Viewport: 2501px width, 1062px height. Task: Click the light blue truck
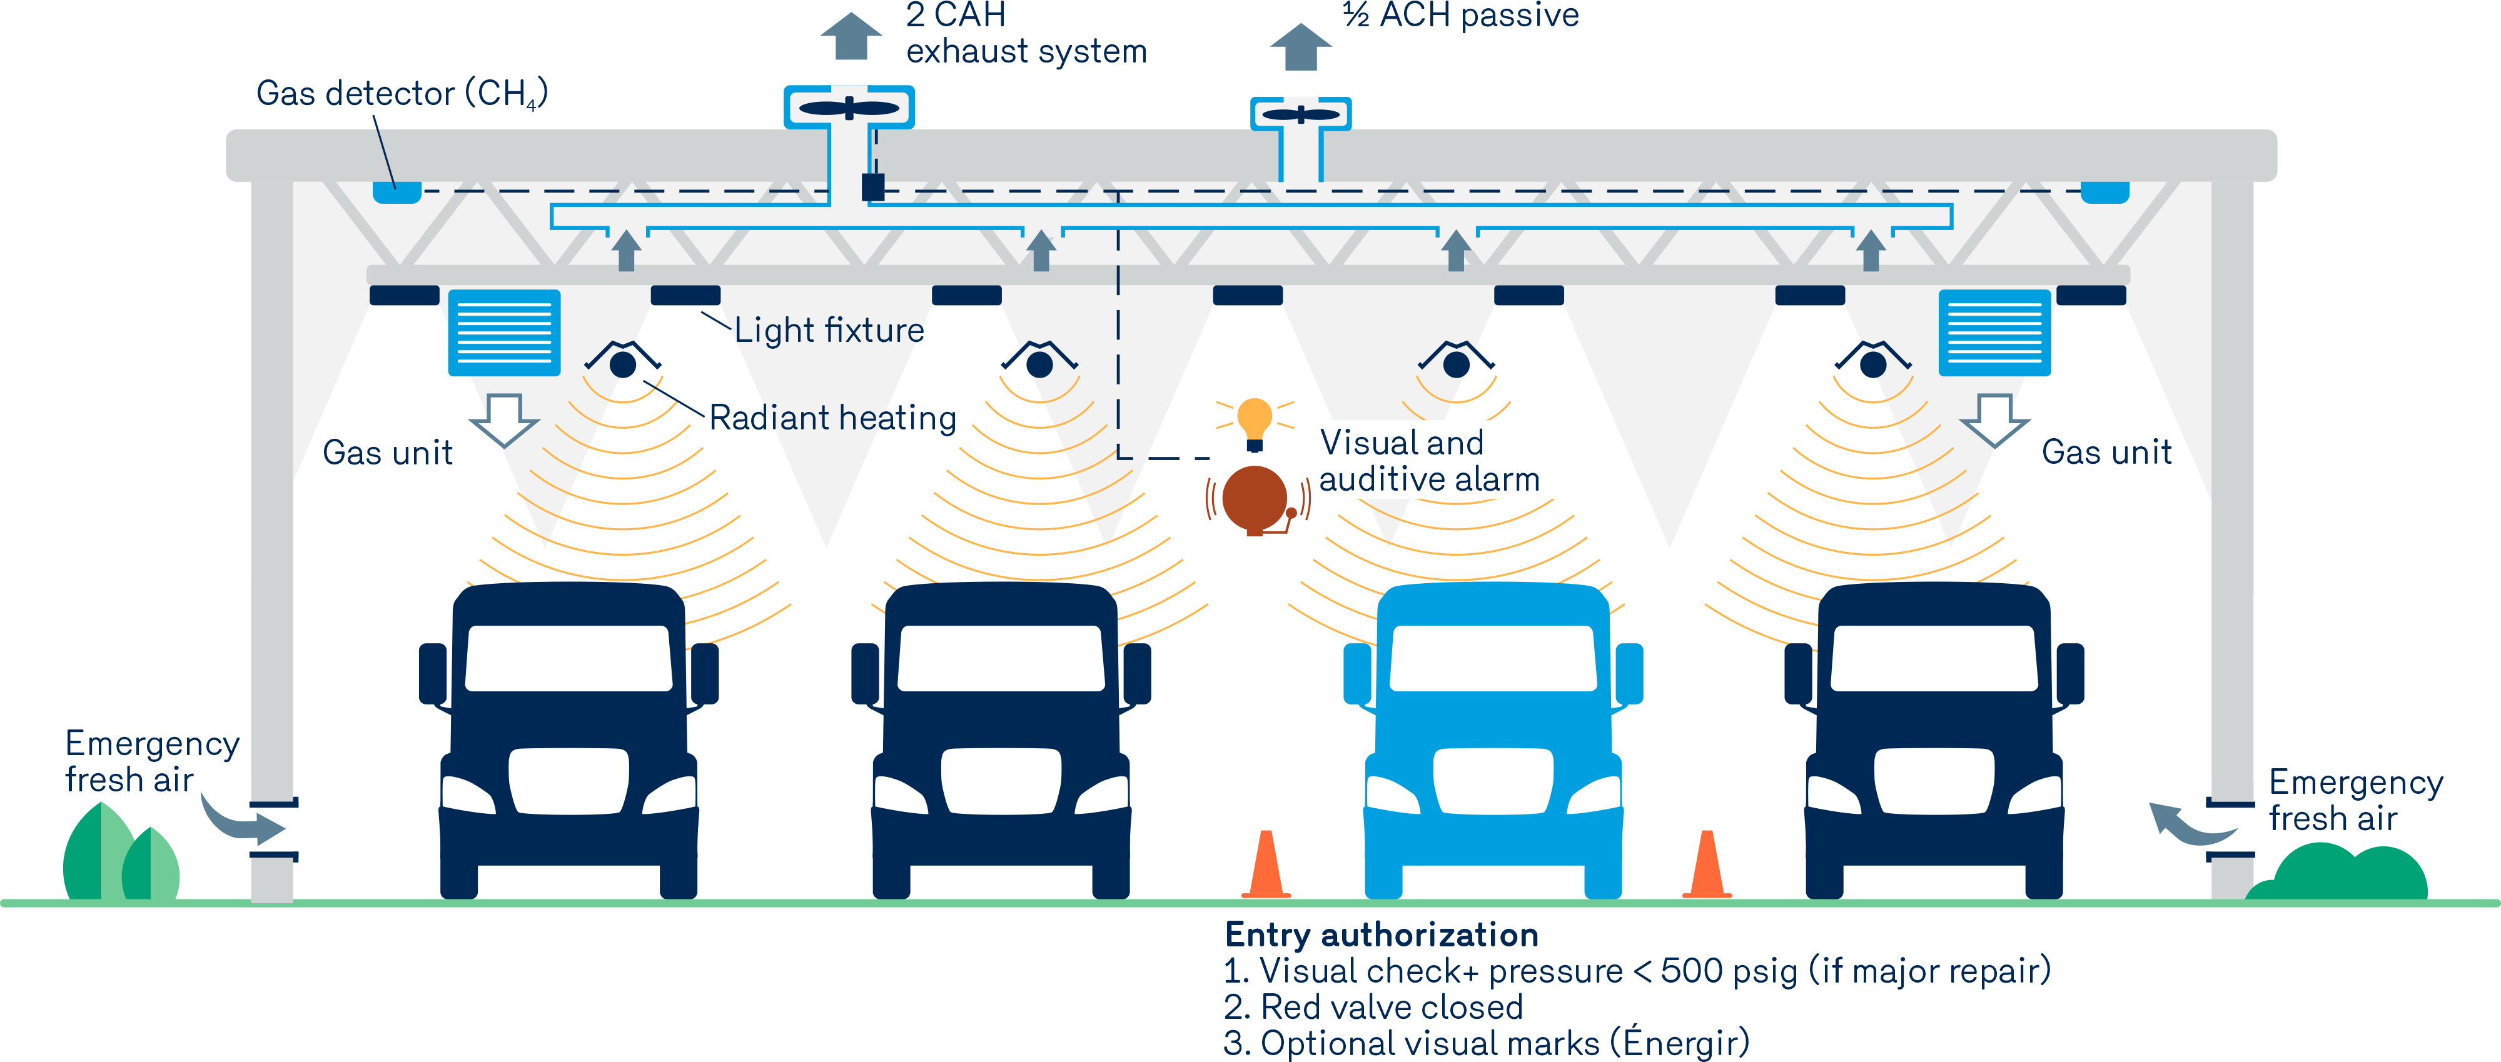coord(1493,738)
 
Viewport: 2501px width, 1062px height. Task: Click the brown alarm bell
coord(1255,499)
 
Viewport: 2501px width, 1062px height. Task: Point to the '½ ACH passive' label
coord(1460,16)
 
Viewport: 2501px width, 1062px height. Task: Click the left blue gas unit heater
coord(504,332)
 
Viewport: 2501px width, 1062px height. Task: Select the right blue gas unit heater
coord(1994,332)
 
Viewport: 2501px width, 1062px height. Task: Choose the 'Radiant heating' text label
coord(832,418)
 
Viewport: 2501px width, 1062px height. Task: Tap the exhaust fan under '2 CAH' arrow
coord(849,108)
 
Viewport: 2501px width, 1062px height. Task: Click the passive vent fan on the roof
coord(1300,114)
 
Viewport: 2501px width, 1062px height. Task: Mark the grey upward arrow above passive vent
coord(1300,47)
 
